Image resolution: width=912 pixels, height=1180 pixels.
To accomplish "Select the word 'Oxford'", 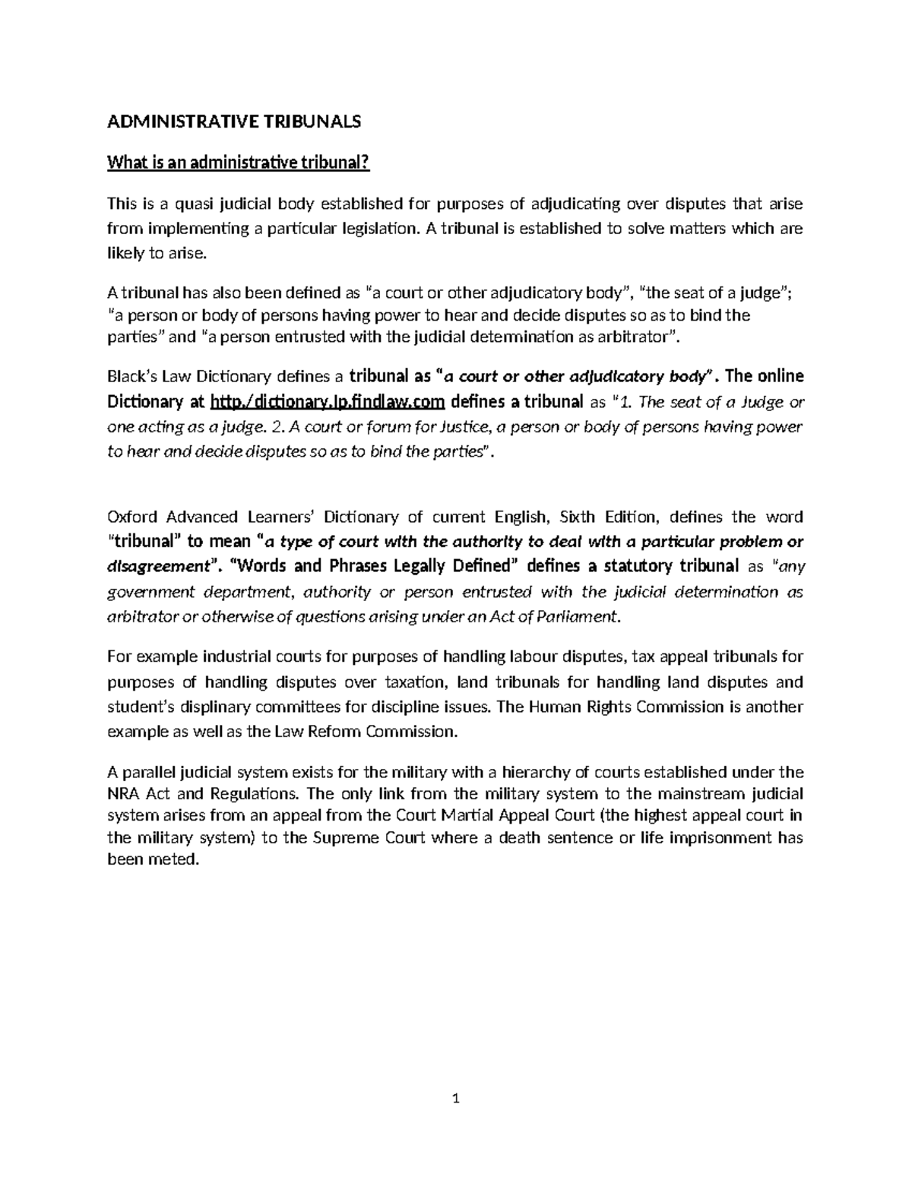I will click(x=130, y=517).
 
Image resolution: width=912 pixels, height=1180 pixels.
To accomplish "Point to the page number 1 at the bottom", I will click(x=456, y=1099).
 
